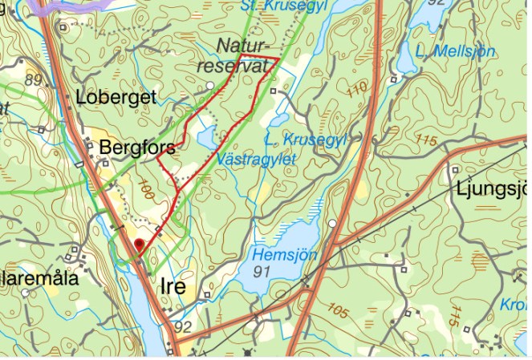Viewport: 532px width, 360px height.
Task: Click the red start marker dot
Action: (x=139, y=243)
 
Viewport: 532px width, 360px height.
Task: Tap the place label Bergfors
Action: (x=136, y=148)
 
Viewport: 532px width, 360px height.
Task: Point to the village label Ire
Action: (x=173, y=286)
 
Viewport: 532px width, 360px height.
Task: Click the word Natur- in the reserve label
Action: (x=246, y=46)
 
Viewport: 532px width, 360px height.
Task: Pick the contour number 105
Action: (x=338, y=312)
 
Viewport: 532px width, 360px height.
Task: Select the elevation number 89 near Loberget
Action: (x=33, y=80)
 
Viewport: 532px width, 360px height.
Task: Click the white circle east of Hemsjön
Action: (x=332, y=223)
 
